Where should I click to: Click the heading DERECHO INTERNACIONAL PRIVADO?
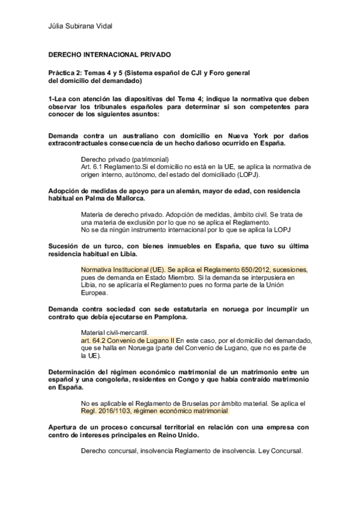(x=109, y=55)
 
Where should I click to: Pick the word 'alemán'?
(x=189, y=191)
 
